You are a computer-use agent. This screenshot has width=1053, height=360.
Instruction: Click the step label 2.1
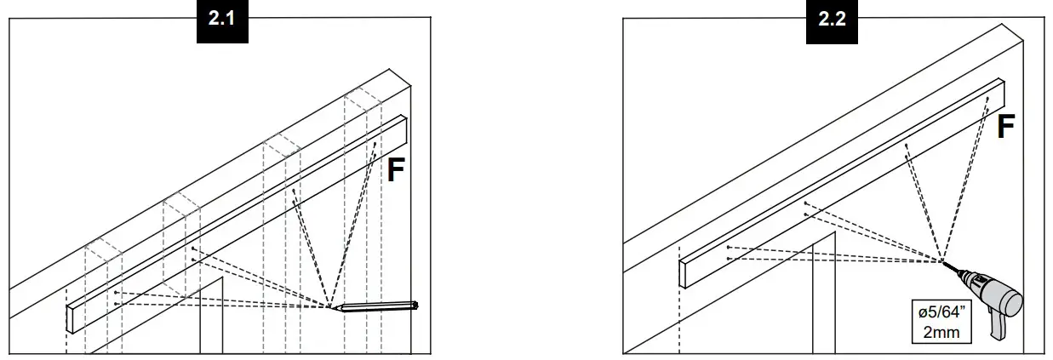221,21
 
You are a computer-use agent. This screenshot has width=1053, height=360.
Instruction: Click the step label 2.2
832,21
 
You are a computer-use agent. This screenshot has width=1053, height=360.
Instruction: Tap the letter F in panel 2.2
1005,128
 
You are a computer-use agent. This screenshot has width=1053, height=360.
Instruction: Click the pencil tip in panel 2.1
331,308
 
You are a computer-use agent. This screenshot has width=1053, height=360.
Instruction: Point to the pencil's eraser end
416,303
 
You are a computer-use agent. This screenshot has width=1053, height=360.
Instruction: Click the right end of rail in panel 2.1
405,129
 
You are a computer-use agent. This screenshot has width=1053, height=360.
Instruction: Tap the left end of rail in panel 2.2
686,273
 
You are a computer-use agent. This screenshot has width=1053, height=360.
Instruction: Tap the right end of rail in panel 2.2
1002,89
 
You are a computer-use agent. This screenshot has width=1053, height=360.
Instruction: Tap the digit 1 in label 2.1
232,21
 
